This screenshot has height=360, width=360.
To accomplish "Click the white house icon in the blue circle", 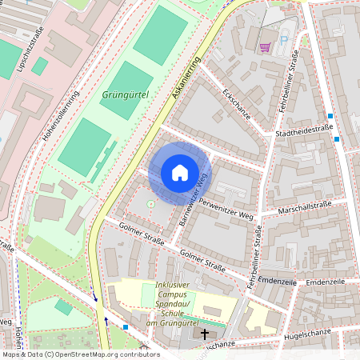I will click(x=180, y=173).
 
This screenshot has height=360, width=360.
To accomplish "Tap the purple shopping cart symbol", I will click(x=265, y=47).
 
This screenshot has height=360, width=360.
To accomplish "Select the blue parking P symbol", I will click(x=284, y=38).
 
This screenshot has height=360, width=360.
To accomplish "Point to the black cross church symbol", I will click(x=204, y=334).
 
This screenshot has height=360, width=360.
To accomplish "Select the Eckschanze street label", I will click(x=238, y=105).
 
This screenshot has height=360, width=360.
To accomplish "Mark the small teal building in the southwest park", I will click(x=63, y=306).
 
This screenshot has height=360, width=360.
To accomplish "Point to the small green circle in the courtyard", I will click(x=150, y=204).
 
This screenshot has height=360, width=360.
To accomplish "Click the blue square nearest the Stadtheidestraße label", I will click(x=337, y=139).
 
